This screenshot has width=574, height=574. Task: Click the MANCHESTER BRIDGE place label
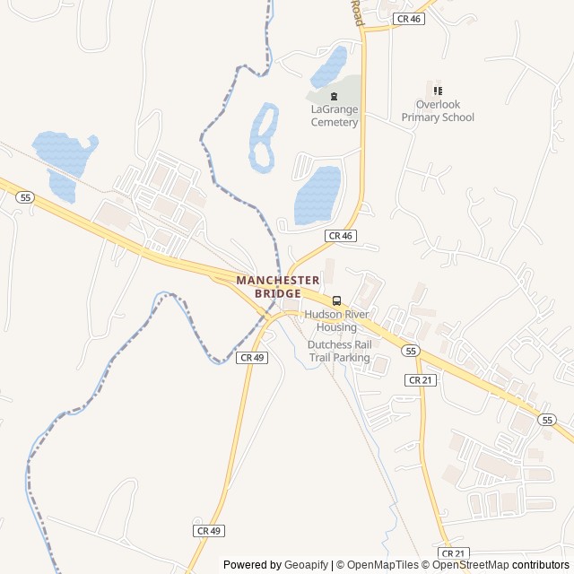pyautogui.click(x=277, y=287)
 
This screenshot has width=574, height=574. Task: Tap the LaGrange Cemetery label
pyautogui.click(x=335, y=116)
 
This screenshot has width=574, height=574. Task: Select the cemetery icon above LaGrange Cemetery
pyautogui.click(x=335, y=97)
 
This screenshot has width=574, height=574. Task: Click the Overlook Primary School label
pyautogui.click(x=438, y=111)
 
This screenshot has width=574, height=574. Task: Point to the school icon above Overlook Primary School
pyautogui.click(x=438, y=91)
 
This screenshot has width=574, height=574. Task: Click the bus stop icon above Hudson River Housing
pyautogui.click(x=337, y=301)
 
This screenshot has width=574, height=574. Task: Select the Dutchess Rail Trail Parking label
pyautogui.click(x=339, y=351)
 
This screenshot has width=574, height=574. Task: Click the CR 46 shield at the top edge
pyautogui.click(x=408, y=19)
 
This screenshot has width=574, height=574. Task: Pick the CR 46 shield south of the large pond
pyautogui.click(x=341, y=235)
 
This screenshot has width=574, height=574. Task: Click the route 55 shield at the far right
pyautogui.click(x=547, y=419)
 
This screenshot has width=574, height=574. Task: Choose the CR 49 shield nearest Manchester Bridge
pyautogui.click(x=252, y=357)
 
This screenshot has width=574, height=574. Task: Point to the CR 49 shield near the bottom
pyautogui.click(x=208, y=531)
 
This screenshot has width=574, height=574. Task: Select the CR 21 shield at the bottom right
pyautogui.click(x=454, y=553)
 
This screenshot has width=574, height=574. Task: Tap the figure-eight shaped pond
pyautogui.click(x=263, y=136)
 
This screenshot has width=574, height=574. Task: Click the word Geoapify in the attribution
pyautogui.click(x=307, y=565)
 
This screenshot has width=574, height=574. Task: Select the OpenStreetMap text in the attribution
pyautogui.click(x=471, y=565)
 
